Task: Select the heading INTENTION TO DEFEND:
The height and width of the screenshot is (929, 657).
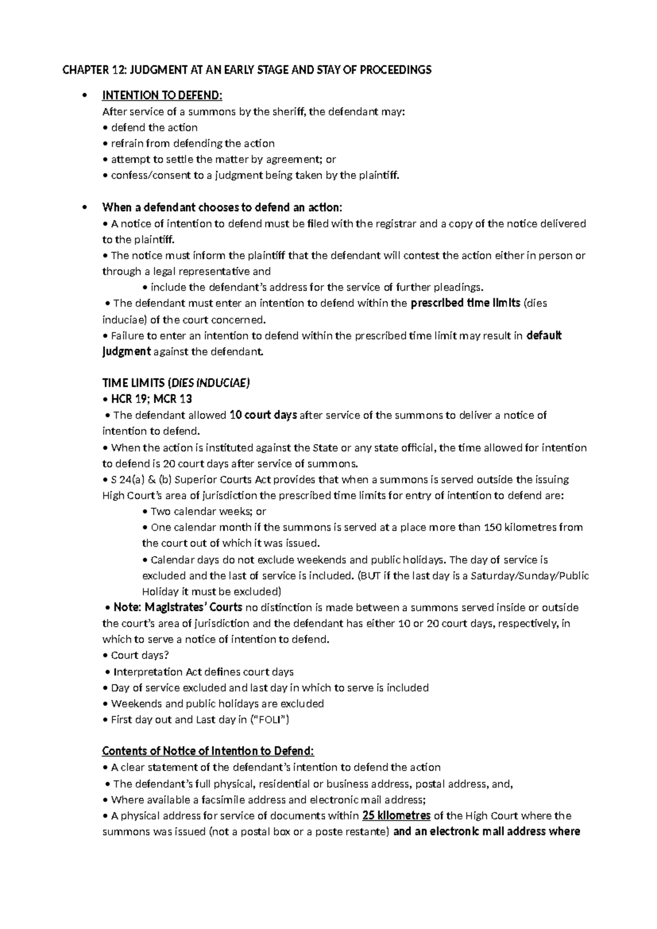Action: click(163, 96)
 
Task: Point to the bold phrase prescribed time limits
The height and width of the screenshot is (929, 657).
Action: click(465, 303)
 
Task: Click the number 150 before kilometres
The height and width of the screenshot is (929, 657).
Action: click(491, 527)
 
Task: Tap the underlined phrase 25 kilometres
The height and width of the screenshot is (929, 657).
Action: click(396, 816)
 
